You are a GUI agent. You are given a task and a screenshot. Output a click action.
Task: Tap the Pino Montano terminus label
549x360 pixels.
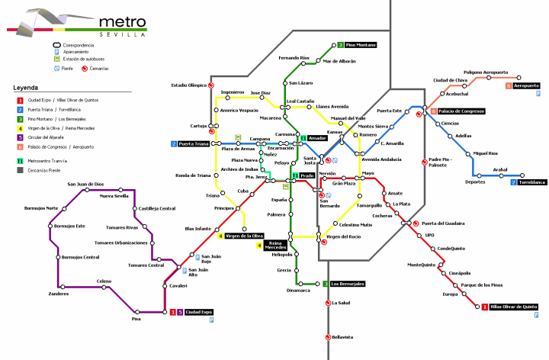(361, 45)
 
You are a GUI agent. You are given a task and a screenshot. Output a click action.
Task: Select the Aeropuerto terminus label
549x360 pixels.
(526, 85)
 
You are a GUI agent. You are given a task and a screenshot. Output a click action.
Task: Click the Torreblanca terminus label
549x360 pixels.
(532, 182)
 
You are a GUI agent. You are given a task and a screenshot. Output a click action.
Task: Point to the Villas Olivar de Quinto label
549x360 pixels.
(513, 307)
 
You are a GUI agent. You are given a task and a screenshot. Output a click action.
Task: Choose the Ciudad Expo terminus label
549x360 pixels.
(199, 312)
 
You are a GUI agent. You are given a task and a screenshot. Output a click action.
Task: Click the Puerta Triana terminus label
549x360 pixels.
(194, 143)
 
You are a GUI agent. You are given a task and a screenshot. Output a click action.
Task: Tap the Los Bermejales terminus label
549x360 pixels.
(348, 284)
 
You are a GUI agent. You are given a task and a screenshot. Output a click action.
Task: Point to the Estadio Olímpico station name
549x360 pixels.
(188, 85)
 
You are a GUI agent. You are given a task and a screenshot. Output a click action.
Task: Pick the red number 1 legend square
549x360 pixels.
(19, 101)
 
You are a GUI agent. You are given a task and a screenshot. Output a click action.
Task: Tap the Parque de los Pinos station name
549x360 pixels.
(480, 284)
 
